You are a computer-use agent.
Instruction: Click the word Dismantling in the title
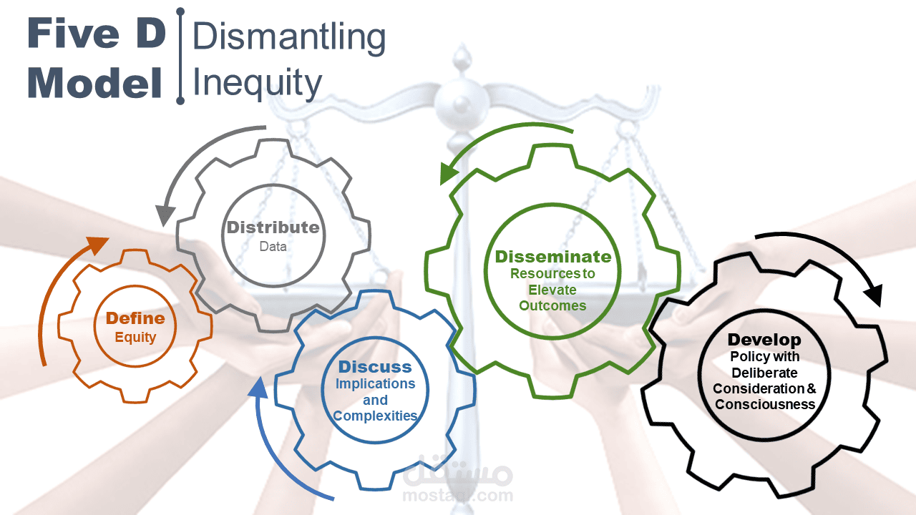click(x=288, y=38)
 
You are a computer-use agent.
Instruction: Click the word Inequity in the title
click(x=257, y=84)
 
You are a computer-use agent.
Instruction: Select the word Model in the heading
click(x=94, y=83)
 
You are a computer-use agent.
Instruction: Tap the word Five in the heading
click(x=74, y=33)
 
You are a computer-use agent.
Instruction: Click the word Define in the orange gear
click(x=135, y=318)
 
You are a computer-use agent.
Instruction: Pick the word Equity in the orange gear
click(x=135, y=338)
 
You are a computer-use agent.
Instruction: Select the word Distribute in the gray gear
click(x=273, y=227)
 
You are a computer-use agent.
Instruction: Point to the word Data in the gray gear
click(x=273, y=247)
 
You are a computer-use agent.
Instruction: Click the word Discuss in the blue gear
click(x=375, y=367)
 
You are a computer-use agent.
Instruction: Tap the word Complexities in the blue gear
click(x=375, y=416)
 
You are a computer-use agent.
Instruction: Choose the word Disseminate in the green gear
click(x=553, y=257)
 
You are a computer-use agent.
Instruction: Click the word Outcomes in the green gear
click(x=552, y=305)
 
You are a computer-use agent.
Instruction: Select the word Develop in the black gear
click(x=764, y=340)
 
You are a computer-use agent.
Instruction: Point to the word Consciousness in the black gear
click(x=765, y=405)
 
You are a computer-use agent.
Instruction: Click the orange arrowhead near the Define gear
click(x=97, y=244)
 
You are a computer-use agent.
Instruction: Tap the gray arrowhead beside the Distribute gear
click(x=165, y=215)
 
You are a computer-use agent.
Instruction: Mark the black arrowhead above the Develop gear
click(x=872, y=295)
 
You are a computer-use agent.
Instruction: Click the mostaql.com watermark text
click(x=457, y=496)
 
